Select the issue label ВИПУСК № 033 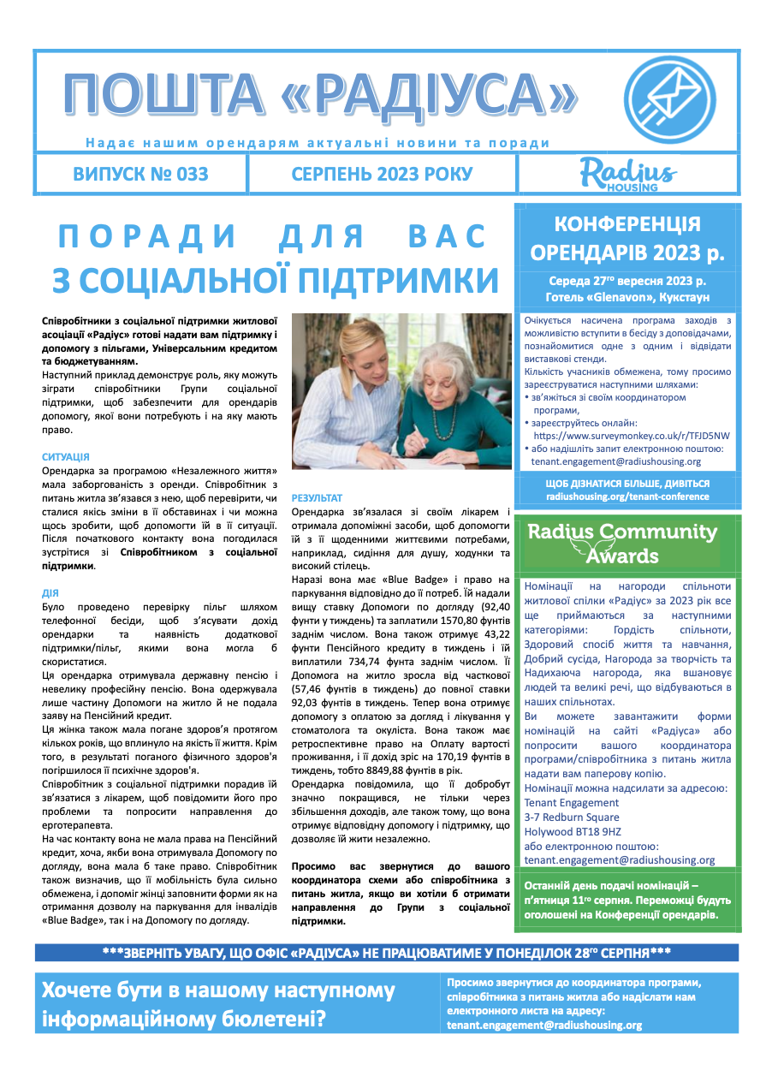coord(141,175)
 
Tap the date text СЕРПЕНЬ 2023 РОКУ coord(382,175)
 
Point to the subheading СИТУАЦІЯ coord(65,458)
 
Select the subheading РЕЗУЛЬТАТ coord(317,498)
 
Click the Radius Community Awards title coord(622,544)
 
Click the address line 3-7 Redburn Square coord(572,817)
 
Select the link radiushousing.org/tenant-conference coord(627,496)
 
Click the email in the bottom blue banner coord(544,1025)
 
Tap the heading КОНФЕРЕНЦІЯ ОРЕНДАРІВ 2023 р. coord(627,239)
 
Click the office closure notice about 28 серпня coord(386,953)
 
